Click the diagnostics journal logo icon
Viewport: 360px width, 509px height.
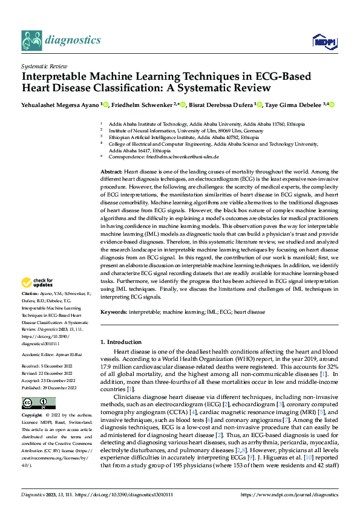click(x=31, y=40)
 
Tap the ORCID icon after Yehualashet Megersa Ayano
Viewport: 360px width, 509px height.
click(x=105, y=105)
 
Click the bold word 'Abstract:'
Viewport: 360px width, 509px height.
click(x=111, y=173)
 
